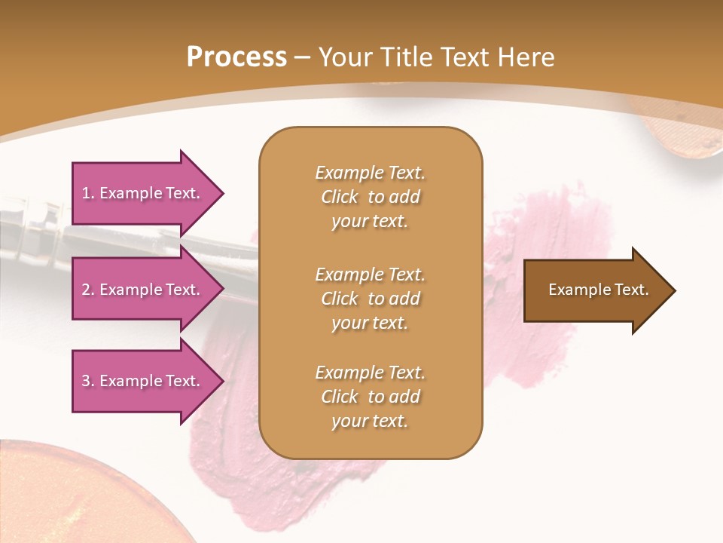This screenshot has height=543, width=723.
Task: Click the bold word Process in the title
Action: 236,57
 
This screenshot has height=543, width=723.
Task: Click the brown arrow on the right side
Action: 595,290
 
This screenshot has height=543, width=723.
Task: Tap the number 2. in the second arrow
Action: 88,290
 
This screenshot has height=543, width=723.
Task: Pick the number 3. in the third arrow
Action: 88,381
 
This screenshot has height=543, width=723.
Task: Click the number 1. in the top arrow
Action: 88,193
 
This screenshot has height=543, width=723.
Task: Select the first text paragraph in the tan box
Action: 370,197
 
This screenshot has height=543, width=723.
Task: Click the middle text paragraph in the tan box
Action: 370,299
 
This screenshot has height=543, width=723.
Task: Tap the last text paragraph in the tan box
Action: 370,397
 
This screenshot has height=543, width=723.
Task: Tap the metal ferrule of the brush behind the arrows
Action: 30,219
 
